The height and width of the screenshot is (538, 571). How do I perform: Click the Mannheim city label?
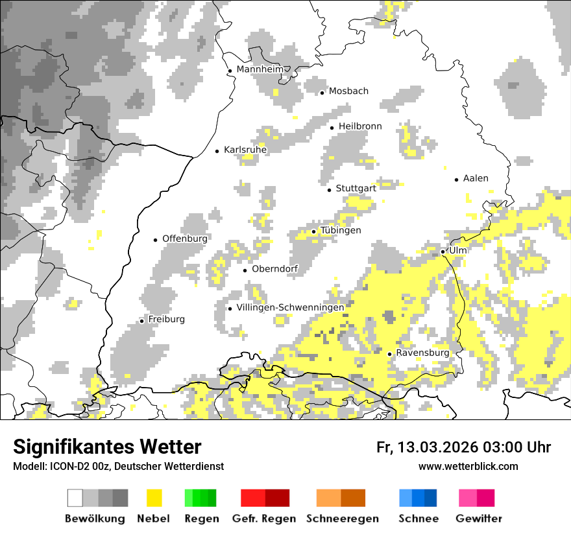(x=260, y=69)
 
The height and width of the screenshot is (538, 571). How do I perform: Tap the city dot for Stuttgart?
(x=330, y=190)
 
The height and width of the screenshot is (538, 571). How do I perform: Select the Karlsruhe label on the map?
(x=245, y=150)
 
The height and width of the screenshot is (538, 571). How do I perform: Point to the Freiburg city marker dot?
(x=141, y=321)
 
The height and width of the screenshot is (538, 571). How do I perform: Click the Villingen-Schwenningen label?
(x=290, y=307)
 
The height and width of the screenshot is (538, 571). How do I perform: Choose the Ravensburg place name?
(x=422, y=353)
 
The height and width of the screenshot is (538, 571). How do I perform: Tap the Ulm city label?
(x=458, y=250)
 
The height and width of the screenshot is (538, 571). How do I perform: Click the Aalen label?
(x=476, y=178)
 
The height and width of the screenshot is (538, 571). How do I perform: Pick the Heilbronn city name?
(x=360, y=126)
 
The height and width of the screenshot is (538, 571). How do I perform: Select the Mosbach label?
(x=348, y=91)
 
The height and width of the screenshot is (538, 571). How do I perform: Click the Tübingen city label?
(x=341, y=230)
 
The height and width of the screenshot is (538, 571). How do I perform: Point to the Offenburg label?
(x=185, y=239)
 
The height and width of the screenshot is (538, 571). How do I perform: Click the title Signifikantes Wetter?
(x=107, y=447)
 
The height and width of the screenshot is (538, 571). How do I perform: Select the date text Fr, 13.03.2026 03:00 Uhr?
(x=463, y=447)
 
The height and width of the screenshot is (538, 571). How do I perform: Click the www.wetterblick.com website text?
(x=468, y=466)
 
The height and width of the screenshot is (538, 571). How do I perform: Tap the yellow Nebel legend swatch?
(x=154, y=498)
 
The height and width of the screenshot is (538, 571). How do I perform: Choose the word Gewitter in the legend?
(x=478, y=519)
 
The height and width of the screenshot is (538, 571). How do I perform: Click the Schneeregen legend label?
(x=342, y=519)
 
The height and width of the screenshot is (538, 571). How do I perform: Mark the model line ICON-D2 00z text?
(x=118, y=466)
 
